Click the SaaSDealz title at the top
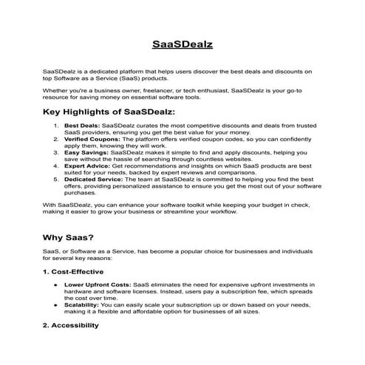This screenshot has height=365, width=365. (x=182, y=44)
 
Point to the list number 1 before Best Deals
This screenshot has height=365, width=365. (x=56, y=126)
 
